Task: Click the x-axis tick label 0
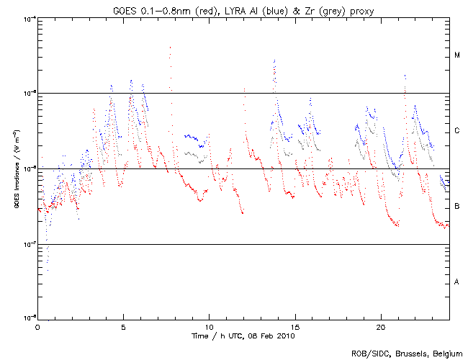coord(37,327)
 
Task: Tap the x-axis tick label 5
coord(123,327)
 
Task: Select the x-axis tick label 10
coord(209,327)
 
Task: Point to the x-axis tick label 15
coord(294,327)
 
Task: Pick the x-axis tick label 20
coord(380,327)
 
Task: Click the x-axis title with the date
coord(243,336)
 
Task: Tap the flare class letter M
coord(456,55)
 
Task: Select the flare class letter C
coord(456,131)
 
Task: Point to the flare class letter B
coord(456,207)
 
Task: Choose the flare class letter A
coord(456,282)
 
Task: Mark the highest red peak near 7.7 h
coord(170,48)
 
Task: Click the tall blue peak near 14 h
coord(274,60)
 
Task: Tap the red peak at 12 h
coord(244,89)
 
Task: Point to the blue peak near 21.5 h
coord(405,75)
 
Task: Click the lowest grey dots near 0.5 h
coord(47,269)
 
